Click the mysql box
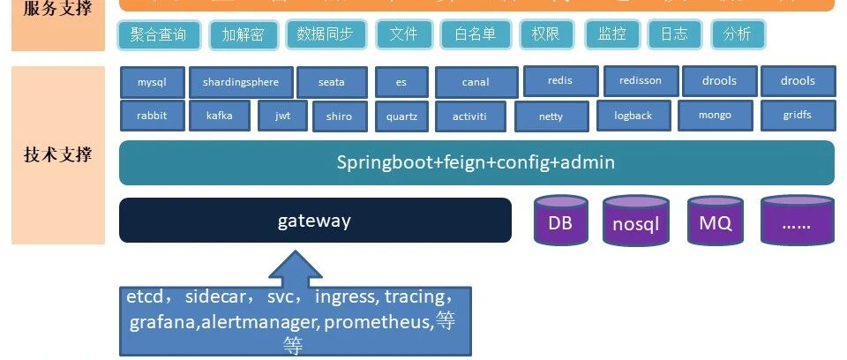coord(152,82)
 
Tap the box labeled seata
coord(331,82)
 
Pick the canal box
coord(475,82)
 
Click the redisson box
coord(640,80)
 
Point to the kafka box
coord(220,115)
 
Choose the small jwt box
coord(282,115)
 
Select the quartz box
coord(401,116)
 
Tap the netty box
coord(551,116)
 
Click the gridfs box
coord(797,115)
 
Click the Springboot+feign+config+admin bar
coord(476,162)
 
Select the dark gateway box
coord(315,220)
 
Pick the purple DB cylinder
coord(560,222)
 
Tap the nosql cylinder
coord(635,222)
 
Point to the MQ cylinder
coord(715,222)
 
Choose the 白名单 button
coord(475,34)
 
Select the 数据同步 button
coord(325,34)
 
